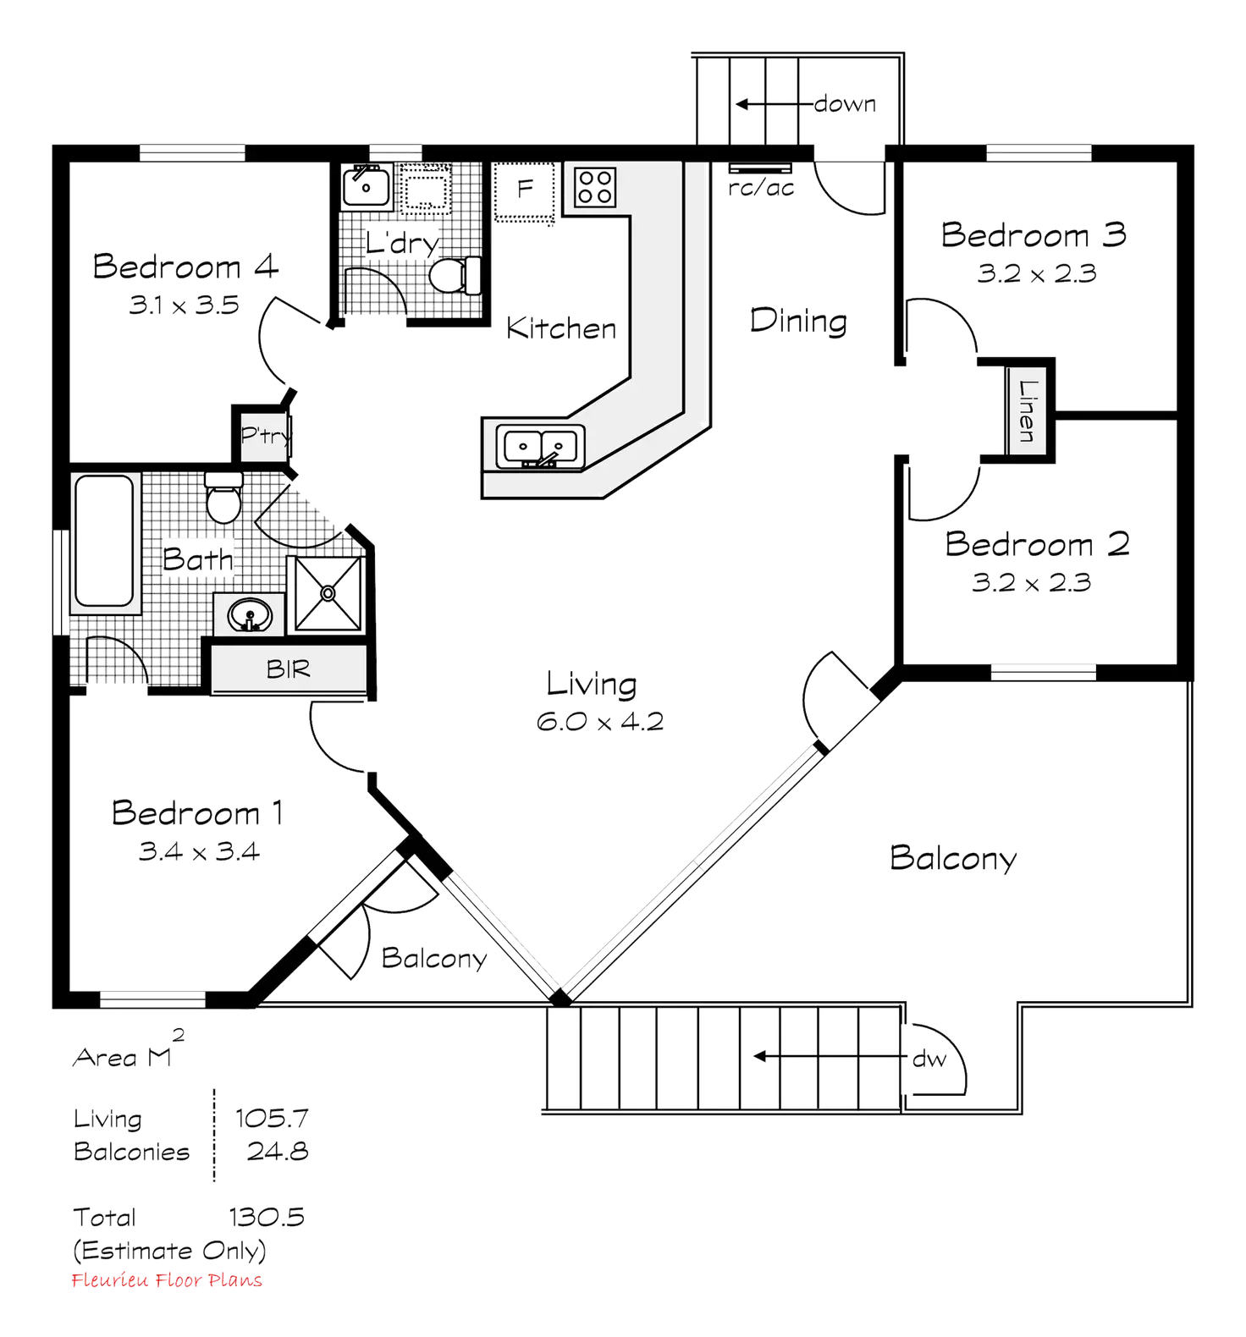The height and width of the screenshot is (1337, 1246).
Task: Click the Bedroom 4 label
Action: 185,267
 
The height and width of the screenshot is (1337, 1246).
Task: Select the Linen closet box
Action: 1027,410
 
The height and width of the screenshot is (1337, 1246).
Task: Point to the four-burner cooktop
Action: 595,186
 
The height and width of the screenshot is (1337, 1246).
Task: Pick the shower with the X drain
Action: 325,592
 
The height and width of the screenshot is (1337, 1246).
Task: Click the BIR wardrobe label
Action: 289,669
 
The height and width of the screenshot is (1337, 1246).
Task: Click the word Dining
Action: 797,322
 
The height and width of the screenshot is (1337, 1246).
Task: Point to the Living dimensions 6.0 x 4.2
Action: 599,722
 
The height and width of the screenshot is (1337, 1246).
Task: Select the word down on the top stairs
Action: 844,105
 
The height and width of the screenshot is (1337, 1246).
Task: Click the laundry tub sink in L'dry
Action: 365,186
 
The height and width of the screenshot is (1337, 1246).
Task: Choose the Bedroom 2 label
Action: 1036,544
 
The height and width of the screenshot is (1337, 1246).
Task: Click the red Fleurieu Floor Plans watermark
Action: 167,1280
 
